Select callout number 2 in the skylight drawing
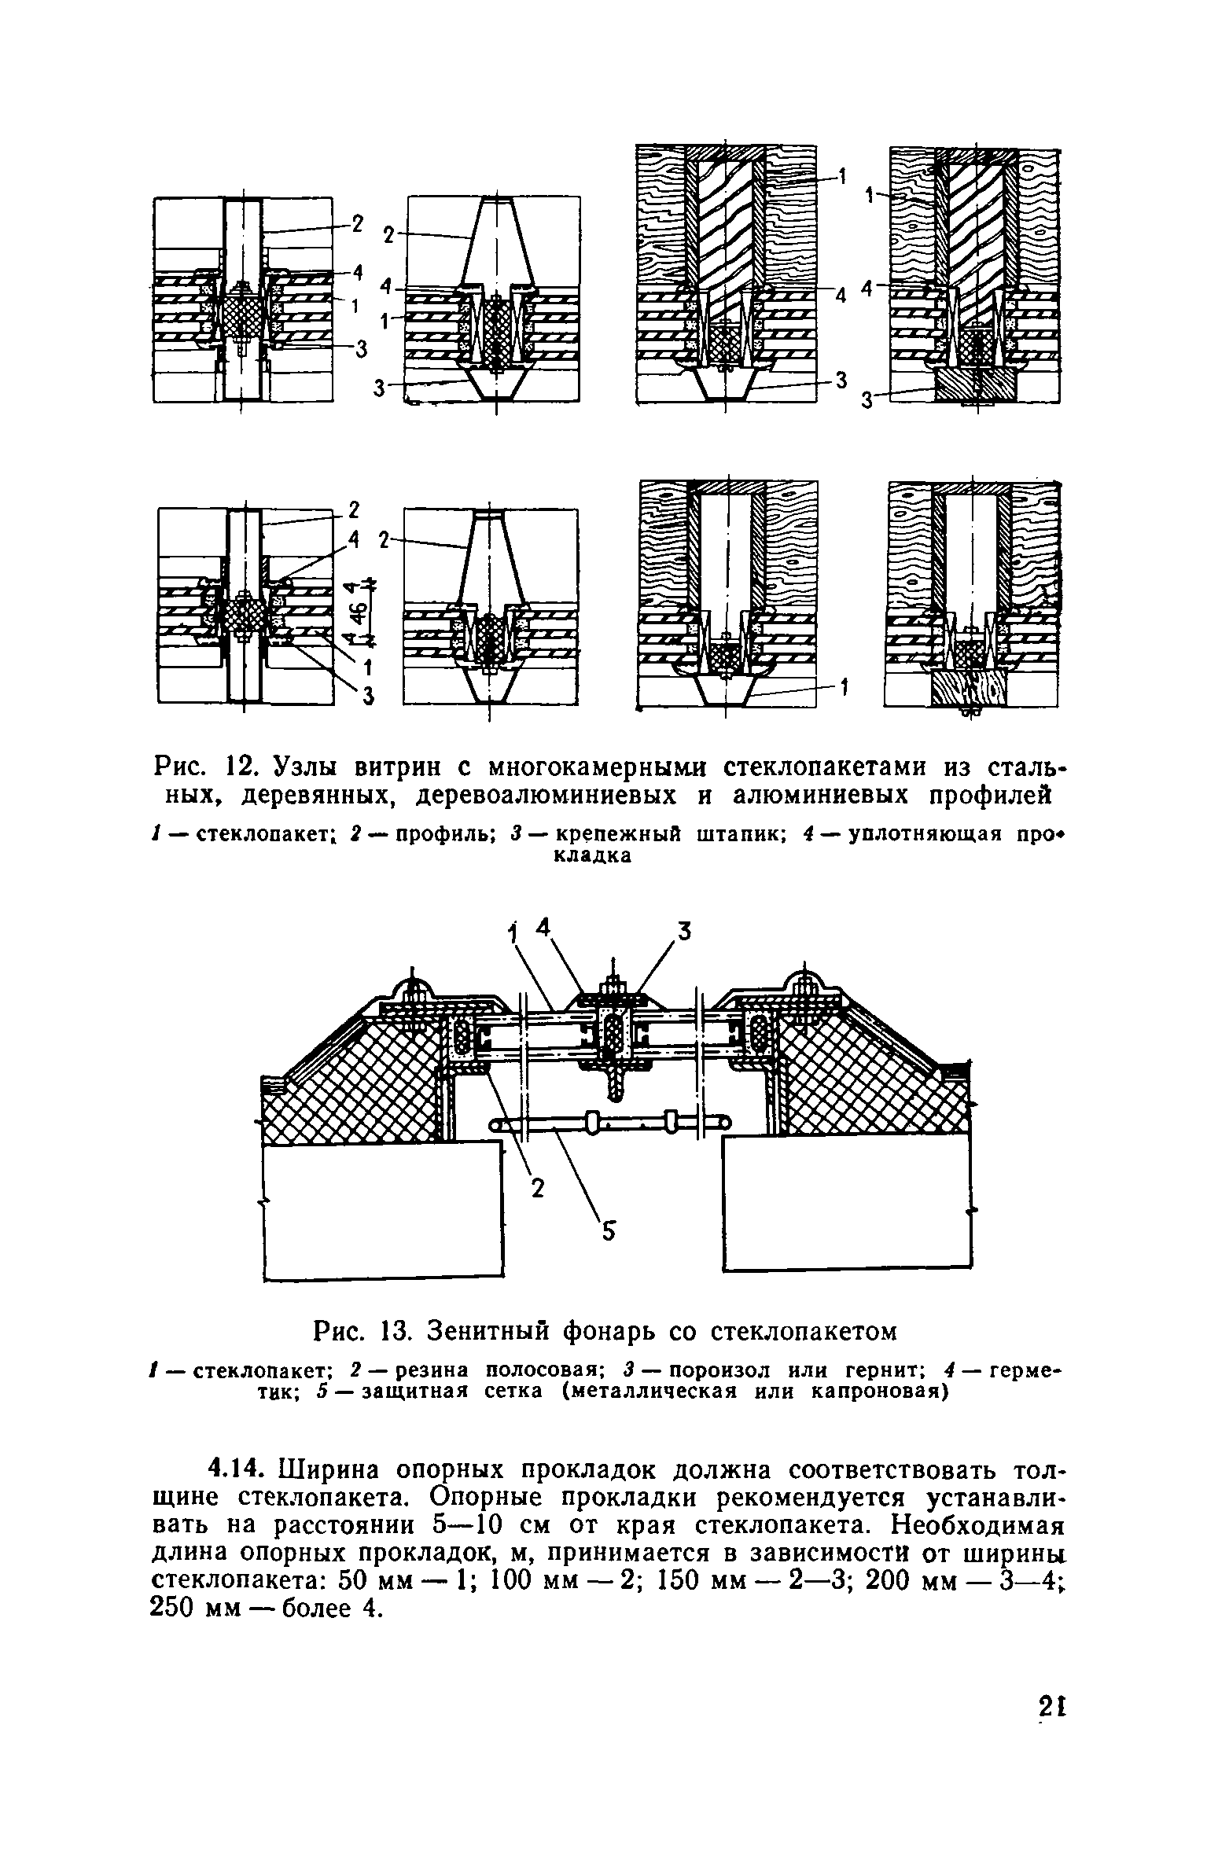537,1189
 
